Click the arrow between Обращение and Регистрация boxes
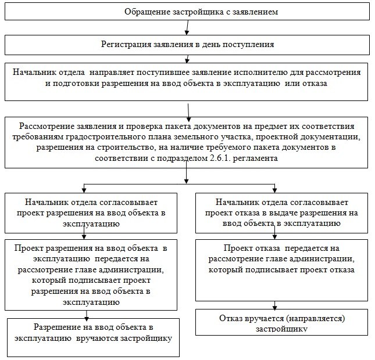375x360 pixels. pos(187,28)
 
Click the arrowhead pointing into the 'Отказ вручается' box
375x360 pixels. pos(276,307)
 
